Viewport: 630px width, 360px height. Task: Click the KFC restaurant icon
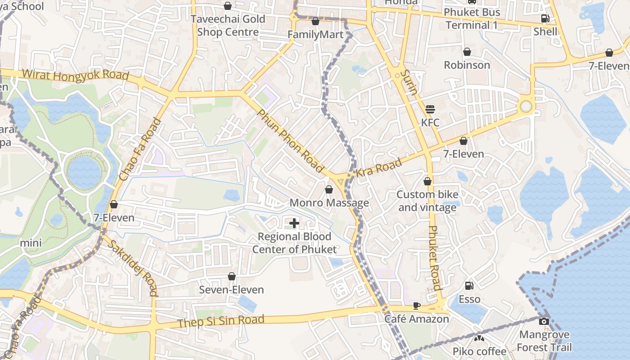point(430,109)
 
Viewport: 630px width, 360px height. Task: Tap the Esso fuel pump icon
point(469,286)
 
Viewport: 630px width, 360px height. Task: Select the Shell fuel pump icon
point(545,18)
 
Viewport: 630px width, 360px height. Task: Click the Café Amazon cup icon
point(417,306)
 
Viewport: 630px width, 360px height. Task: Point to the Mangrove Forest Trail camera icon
point(544,321)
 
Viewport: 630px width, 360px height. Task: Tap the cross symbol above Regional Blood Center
point(294,223)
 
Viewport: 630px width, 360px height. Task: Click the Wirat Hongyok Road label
point(75,75)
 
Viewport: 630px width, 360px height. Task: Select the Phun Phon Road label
point(290,140)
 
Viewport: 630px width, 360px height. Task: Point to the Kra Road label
point(379,169)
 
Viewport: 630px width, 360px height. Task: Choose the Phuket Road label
point(434,257)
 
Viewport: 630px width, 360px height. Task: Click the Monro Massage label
point(329,203)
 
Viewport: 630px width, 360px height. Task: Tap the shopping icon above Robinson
point(467,52)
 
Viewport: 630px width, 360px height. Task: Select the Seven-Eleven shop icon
point(231,276)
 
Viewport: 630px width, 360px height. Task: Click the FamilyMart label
point(315,35)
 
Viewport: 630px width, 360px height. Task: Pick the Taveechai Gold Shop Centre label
point(228,26)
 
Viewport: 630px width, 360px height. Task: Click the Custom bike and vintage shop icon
point(427,182)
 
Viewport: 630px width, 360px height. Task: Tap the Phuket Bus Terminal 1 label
point(472,18)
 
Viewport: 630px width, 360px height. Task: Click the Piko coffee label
point(479,351)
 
